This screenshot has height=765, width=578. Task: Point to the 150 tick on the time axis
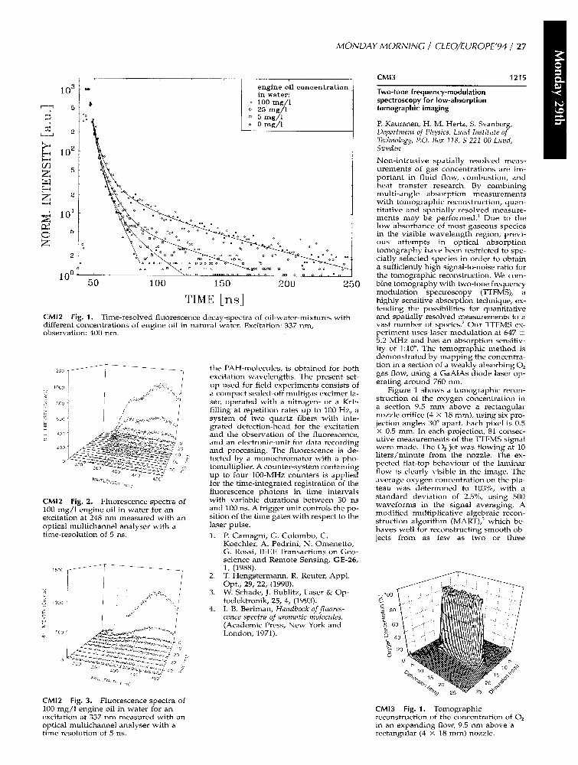[x=221, y=284]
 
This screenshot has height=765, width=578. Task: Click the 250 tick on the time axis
[x=351, y=284]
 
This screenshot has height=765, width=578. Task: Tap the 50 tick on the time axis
[x=93, y=284]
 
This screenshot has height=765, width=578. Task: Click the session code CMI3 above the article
[x=386, y=77]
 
